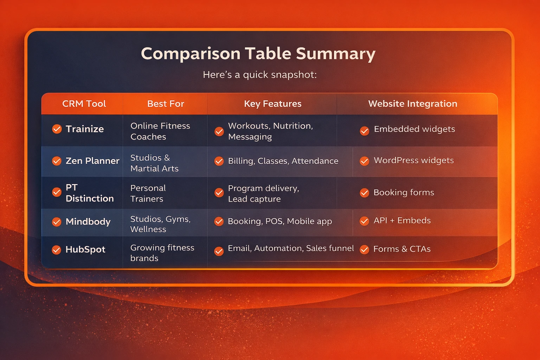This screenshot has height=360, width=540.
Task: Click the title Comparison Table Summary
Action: tap(258, 53)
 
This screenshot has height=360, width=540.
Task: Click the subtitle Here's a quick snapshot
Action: tap(260, 75)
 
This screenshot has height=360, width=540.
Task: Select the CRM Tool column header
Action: tap(84, 104)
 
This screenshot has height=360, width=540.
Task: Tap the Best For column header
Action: tap(166, 104)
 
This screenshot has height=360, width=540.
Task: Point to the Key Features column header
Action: tap(273, 104)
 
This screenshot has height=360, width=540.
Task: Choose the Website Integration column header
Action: tap(413, 104)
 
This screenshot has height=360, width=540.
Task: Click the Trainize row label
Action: tap(85, 129)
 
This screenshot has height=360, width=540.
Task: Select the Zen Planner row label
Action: tap(92, 161)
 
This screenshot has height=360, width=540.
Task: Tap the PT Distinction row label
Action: tap(90, 193)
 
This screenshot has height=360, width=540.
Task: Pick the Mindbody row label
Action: tap(88, 221)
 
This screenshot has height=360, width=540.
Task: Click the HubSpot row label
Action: tap(85, 250)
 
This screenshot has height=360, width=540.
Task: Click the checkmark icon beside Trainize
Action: tap(57, 129)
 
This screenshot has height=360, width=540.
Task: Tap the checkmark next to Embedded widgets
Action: tap(365, 131)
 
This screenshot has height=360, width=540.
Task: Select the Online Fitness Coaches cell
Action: tap(160, 131)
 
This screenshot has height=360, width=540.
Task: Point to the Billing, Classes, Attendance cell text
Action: tap(283, 161)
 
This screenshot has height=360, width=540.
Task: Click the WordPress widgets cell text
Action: tap(414, 160)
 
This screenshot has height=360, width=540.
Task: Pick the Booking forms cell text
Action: tap(404, 192)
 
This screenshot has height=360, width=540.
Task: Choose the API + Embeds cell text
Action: tap(402, 220)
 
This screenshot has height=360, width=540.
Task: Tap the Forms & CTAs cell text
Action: tap(402, 249)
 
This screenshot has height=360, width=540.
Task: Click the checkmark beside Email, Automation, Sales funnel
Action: tap(219, 251)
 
